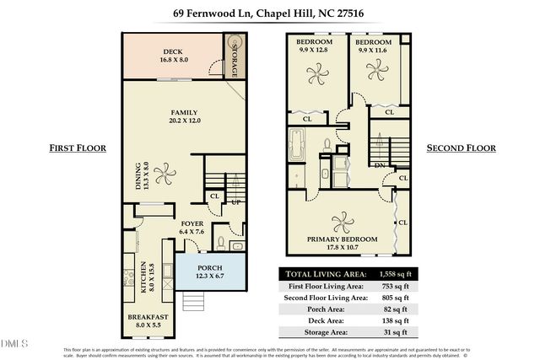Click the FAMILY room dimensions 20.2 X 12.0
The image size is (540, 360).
coord(184,120)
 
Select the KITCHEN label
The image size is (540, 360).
coord(145,273)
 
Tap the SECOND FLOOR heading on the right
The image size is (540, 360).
coord(461,148)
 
